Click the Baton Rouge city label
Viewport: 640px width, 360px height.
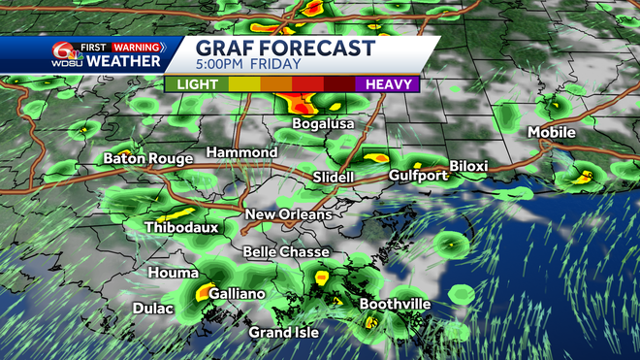(x=144, y=157)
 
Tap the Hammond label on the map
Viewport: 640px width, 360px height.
(x=241, y=153)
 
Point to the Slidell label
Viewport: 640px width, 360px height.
(x=334, y=178)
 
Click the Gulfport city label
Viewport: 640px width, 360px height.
(x=418, y=176)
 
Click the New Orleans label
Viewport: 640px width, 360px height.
(x=288, y=214)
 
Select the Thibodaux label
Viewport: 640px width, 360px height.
(x=181, y=228)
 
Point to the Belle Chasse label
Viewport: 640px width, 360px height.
(x=279, y=252)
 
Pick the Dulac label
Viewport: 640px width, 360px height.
(x=153, y=310)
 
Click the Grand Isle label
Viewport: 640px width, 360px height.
(x=285, y=333)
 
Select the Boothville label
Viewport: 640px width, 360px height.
(x=396, y=305)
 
